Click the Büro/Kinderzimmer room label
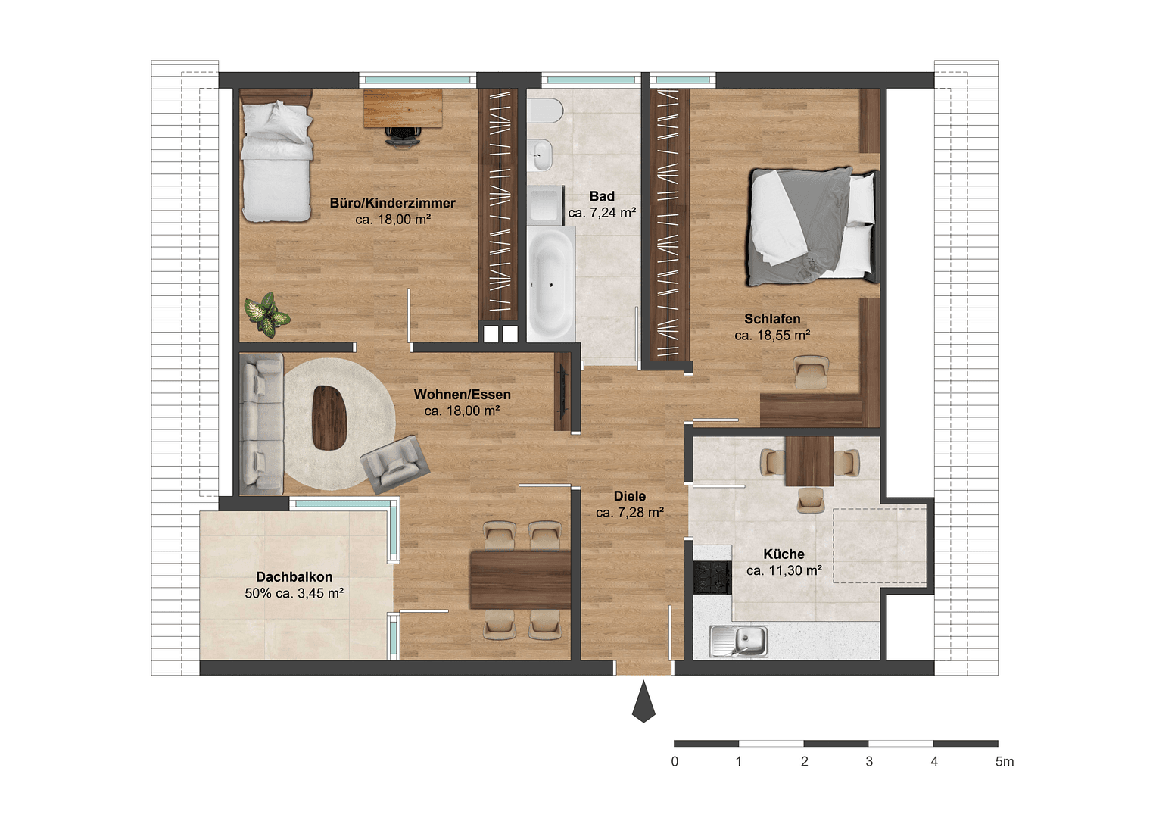392,203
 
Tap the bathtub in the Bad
550,283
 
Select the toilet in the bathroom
544,111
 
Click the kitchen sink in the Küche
740,642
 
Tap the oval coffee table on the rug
329,417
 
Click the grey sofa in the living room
261,424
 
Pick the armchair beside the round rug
394,461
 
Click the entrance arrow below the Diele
643,701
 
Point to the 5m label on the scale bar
1004,762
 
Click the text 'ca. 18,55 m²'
772,336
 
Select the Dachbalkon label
294,577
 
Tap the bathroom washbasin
541,155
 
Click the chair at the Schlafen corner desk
811,372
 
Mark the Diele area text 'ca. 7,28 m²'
630,513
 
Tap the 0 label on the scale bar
675,762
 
